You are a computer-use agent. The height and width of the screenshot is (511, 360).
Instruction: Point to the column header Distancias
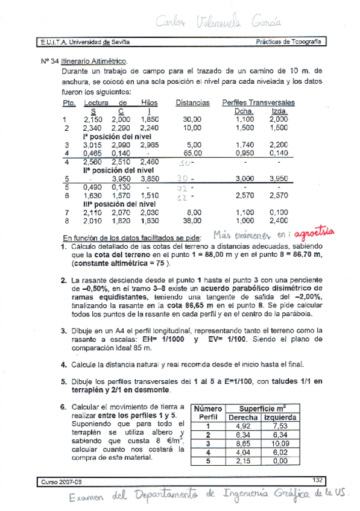(x=192, y=103)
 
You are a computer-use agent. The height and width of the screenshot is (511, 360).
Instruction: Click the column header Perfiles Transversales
(x=258, y=103)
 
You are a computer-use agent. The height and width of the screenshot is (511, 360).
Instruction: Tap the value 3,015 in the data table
(x=92, y=145)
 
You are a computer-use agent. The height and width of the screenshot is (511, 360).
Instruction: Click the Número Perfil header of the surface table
(x=208, y=413)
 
